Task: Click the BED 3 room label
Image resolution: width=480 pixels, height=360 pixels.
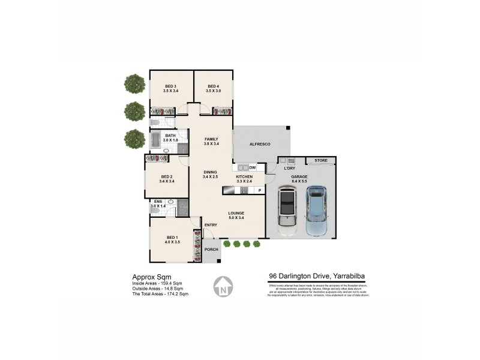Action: [170, 86]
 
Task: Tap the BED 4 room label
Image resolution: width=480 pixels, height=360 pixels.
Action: [214, 86]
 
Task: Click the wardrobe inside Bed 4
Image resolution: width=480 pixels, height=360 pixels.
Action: [222, 111]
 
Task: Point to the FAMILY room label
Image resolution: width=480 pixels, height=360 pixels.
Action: [211, 139]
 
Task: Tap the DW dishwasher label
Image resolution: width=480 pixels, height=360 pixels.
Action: [253, 167]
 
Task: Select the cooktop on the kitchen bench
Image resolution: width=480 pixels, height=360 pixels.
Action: [244, 190]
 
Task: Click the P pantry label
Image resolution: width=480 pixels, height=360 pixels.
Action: [260, 190]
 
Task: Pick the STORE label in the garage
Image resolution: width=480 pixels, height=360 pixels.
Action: [320, 160]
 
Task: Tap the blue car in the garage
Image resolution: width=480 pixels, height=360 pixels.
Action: [316, 210]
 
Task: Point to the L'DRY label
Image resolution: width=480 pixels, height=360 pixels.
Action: [290, 168]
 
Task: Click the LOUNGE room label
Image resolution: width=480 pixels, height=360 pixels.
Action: [236, 213]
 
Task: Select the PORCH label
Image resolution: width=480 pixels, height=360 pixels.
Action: [211, 250]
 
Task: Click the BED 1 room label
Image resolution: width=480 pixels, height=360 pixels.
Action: [172, 239]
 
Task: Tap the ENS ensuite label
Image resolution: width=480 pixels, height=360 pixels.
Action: [158, 202]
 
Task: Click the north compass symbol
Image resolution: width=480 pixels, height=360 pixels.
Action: [223, 287]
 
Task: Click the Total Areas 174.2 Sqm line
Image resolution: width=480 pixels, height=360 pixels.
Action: [160, 294]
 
